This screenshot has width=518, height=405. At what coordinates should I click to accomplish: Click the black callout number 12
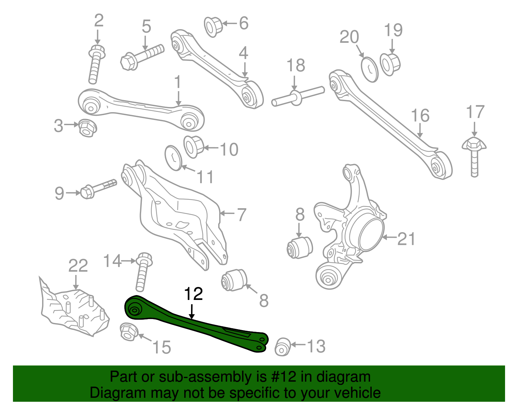point(193,294)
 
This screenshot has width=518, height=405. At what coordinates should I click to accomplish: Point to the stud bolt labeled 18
point(297,96)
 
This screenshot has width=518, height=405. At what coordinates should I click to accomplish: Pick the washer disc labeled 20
point(369,69)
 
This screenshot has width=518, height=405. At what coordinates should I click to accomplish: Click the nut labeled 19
point(390,64)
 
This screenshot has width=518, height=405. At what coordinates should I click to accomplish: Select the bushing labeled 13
point(282,347)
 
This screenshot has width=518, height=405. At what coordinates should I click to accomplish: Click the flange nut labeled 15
point(129,332)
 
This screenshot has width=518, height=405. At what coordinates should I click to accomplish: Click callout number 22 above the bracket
point(78,266)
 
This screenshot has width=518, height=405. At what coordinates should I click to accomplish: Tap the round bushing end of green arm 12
point(134,310)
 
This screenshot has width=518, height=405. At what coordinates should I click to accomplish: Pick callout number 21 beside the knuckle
point(406,239)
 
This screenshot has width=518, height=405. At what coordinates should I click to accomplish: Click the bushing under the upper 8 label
point(299,248)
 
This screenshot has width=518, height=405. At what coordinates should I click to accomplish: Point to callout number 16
point(420,116)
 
